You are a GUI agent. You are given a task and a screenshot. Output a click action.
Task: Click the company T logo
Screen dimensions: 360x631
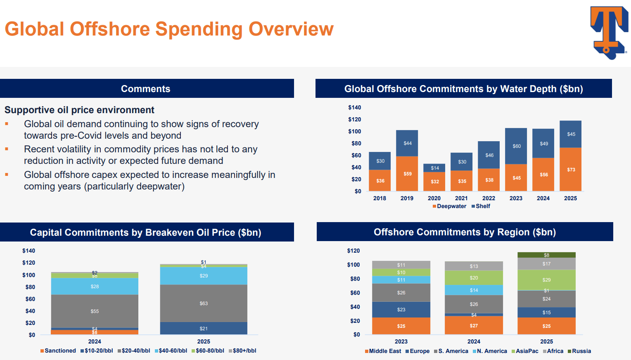(609, 33)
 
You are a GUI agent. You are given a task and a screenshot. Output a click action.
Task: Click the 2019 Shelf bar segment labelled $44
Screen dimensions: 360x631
(407, 143)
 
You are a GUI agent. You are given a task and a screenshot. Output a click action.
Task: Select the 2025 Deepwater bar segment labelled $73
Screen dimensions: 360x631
(571, 169)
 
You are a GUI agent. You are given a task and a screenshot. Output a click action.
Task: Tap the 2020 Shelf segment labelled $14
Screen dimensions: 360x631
(434, 168)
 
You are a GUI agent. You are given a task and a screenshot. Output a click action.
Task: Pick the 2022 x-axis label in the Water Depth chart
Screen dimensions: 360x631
(489, 199)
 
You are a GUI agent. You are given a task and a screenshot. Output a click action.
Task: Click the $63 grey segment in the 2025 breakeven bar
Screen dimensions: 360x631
(204, 303)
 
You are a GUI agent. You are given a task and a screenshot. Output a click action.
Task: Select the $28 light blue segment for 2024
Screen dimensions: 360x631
(95, 287)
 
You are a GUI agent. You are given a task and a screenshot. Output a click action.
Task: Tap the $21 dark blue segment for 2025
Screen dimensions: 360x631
(204, 329)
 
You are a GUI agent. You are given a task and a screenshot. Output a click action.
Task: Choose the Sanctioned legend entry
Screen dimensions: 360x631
(58, 351)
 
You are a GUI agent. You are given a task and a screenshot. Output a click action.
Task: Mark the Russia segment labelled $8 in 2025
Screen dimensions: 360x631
(546, 255)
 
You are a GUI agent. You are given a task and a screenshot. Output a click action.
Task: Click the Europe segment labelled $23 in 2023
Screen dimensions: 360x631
(401, 310)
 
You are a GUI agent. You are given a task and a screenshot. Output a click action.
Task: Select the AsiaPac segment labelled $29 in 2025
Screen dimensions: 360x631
(546, 280)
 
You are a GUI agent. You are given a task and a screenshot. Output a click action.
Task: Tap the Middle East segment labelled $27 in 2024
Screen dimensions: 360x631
(474, 326)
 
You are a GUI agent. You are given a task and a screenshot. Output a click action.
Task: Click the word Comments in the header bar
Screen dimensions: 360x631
(145, 89)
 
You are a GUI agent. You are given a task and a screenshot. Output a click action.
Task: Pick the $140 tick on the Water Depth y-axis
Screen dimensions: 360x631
(354, 108)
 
